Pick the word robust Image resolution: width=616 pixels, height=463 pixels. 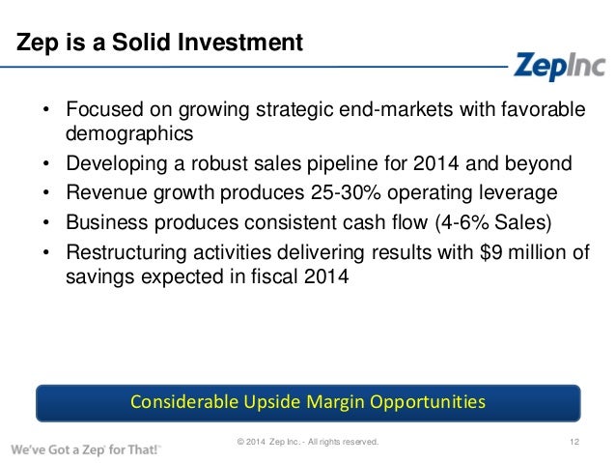pyautogui.click(x=209, y=162)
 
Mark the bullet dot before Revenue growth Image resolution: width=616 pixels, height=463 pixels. pyautogui.click(x=44, y=192)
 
